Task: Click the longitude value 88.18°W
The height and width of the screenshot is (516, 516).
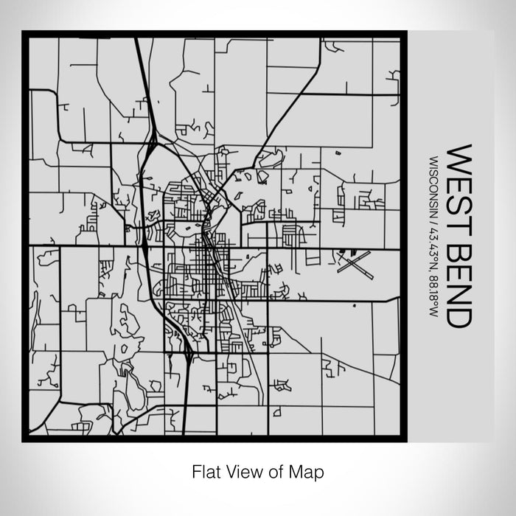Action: click(x=430, y=292)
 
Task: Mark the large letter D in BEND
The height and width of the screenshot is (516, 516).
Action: click(x=459, y=318)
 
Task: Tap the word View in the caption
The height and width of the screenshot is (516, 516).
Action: click(x=243, y=470)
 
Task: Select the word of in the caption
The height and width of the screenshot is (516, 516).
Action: click(x=273, y=470)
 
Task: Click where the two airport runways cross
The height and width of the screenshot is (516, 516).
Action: click(x=355, y=263)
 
